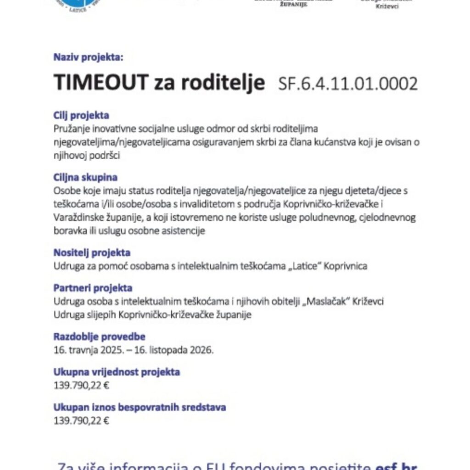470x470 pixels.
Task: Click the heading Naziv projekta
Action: (89, 58)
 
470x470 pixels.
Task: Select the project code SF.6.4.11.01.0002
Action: (348, 84)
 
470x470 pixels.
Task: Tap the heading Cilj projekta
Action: (81, 116)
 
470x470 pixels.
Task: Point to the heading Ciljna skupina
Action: (85, 177)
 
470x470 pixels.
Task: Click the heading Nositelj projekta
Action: (92, 252)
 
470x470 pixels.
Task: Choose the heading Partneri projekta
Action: (93, 288)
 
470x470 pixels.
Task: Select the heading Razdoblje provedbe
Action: (99, 337)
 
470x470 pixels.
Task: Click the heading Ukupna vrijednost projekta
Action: (117, 372)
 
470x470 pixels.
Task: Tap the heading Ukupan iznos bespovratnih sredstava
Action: (140, 407)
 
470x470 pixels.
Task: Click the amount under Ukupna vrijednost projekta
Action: (81, 385)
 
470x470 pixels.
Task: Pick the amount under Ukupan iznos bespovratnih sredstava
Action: (81, 420)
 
